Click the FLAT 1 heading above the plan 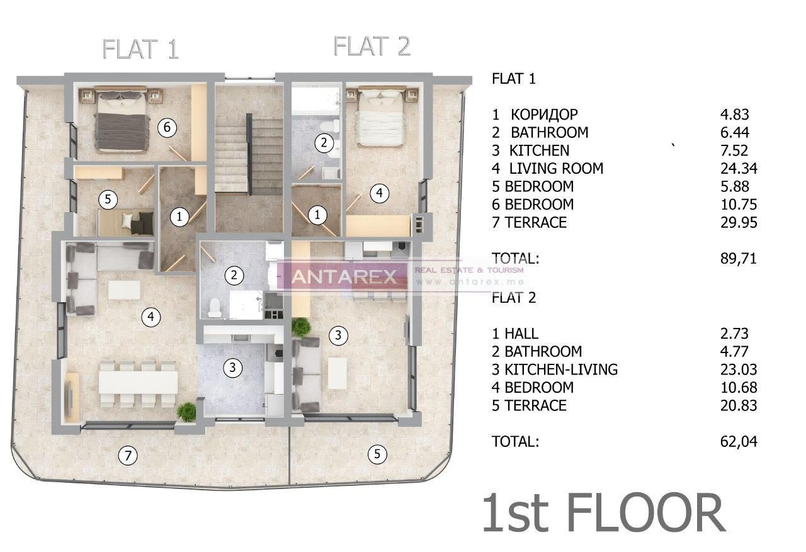point(141,49)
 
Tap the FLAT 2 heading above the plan point(372,46)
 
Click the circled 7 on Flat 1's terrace point(128,456)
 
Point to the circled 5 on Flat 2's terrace point(377,453)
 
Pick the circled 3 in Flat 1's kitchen point(233,368)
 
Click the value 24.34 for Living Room point(738,169)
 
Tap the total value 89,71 point(738,258)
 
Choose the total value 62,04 point(738,442)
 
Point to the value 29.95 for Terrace point(738,223)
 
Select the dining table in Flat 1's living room point(139,381)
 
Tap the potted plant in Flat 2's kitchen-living point(301,326)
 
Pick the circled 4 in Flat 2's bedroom point(378,194)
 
